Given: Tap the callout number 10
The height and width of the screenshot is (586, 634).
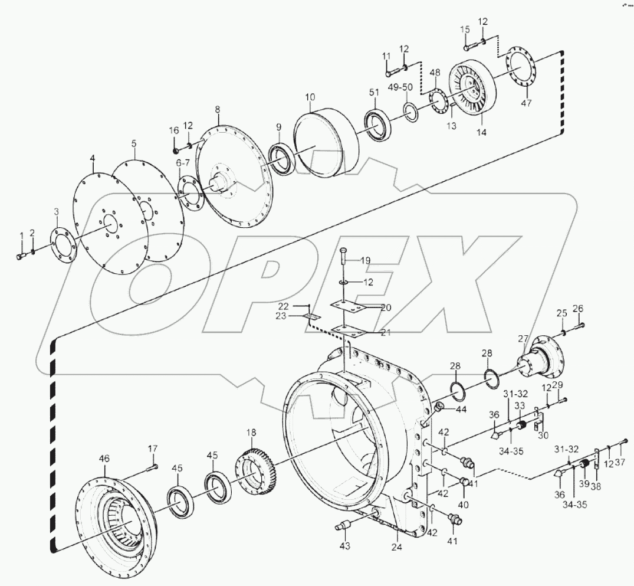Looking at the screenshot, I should coord(310,97).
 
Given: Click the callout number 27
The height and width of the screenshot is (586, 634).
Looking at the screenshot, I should coord(523,338).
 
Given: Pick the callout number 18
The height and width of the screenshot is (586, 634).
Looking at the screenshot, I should coord(251,434).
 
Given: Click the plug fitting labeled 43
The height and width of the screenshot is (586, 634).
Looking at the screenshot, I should coord(344,523).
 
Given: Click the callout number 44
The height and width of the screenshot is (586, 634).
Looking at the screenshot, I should coord(459,409).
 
